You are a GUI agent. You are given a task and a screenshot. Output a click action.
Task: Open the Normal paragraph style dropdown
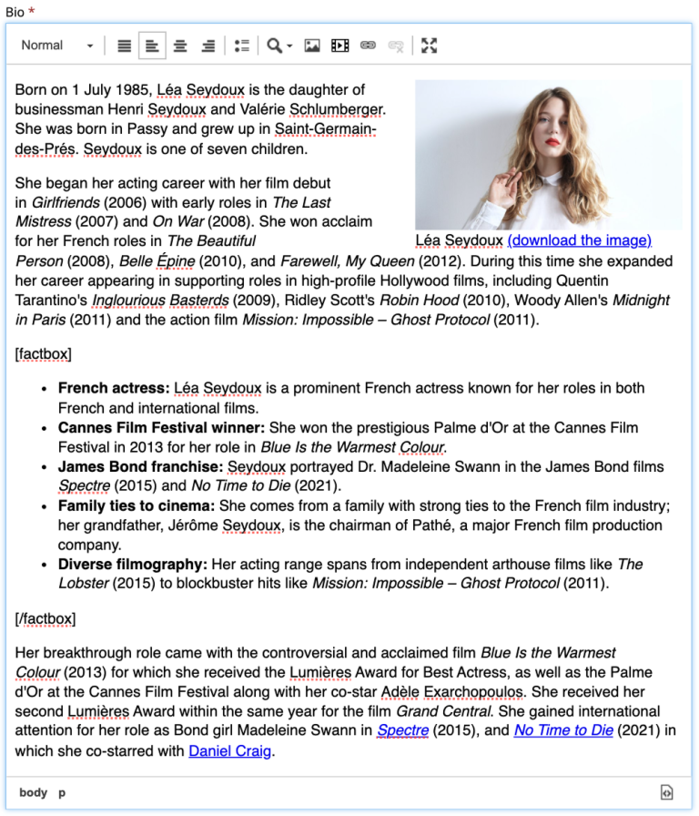(x=57, y=46)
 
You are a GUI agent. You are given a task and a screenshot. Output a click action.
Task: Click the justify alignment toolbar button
(x=125, y=46)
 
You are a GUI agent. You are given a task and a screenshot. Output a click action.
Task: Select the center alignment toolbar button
(x=180, y=46)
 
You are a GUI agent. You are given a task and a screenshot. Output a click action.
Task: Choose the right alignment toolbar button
(x=208, y=46)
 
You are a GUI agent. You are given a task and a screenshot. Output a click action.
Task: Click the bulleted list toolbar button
(x=241, y=46)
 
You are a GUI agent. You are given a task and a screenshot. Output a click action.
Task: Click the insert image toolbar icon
(x=312, y=46)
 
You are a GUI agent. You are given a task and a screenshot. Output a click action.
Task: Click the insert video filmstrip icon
(x=339, y=46)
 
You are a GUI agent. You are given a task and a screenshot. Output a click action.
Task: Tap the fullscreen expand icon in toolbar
(x=430, y=46)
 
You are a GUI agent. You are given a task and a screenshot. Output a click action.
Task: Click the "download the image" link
(x=579, y=240)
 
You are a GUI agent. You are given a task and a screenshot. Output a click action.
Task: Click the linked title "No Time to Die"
(x=562, y=730)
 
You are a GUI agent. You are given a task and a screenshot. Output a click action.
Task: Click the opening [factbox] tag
(x=43, y=353)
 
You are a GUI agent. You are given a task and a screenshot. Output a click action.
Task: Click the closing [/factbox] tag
(x=46, y=619)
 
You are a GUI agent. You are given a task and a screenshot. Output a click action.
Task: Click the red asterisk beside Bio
(x=32, y=11)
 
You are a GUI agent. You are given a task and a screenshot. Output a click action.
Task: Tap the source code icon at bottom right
(x=667, y=792)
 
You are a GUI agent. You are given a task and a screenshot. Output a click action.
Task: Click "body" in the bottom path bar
(x=33, y=792)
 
